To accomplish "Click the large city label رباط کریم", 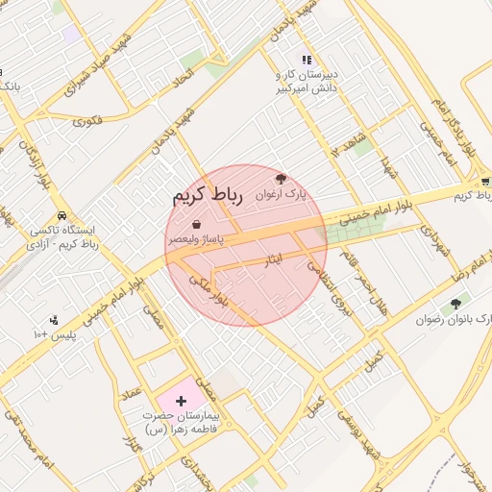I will [x=204, y=196].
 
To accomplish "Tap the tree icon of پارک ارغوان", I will [x=281, y=178].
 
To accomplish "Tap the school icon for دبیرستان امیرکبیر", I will [x=307, y=60].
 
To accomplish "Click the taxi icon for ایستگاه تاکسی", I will [x=62, y=216].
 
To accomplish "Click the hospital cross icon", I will [x=182, y=397].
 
